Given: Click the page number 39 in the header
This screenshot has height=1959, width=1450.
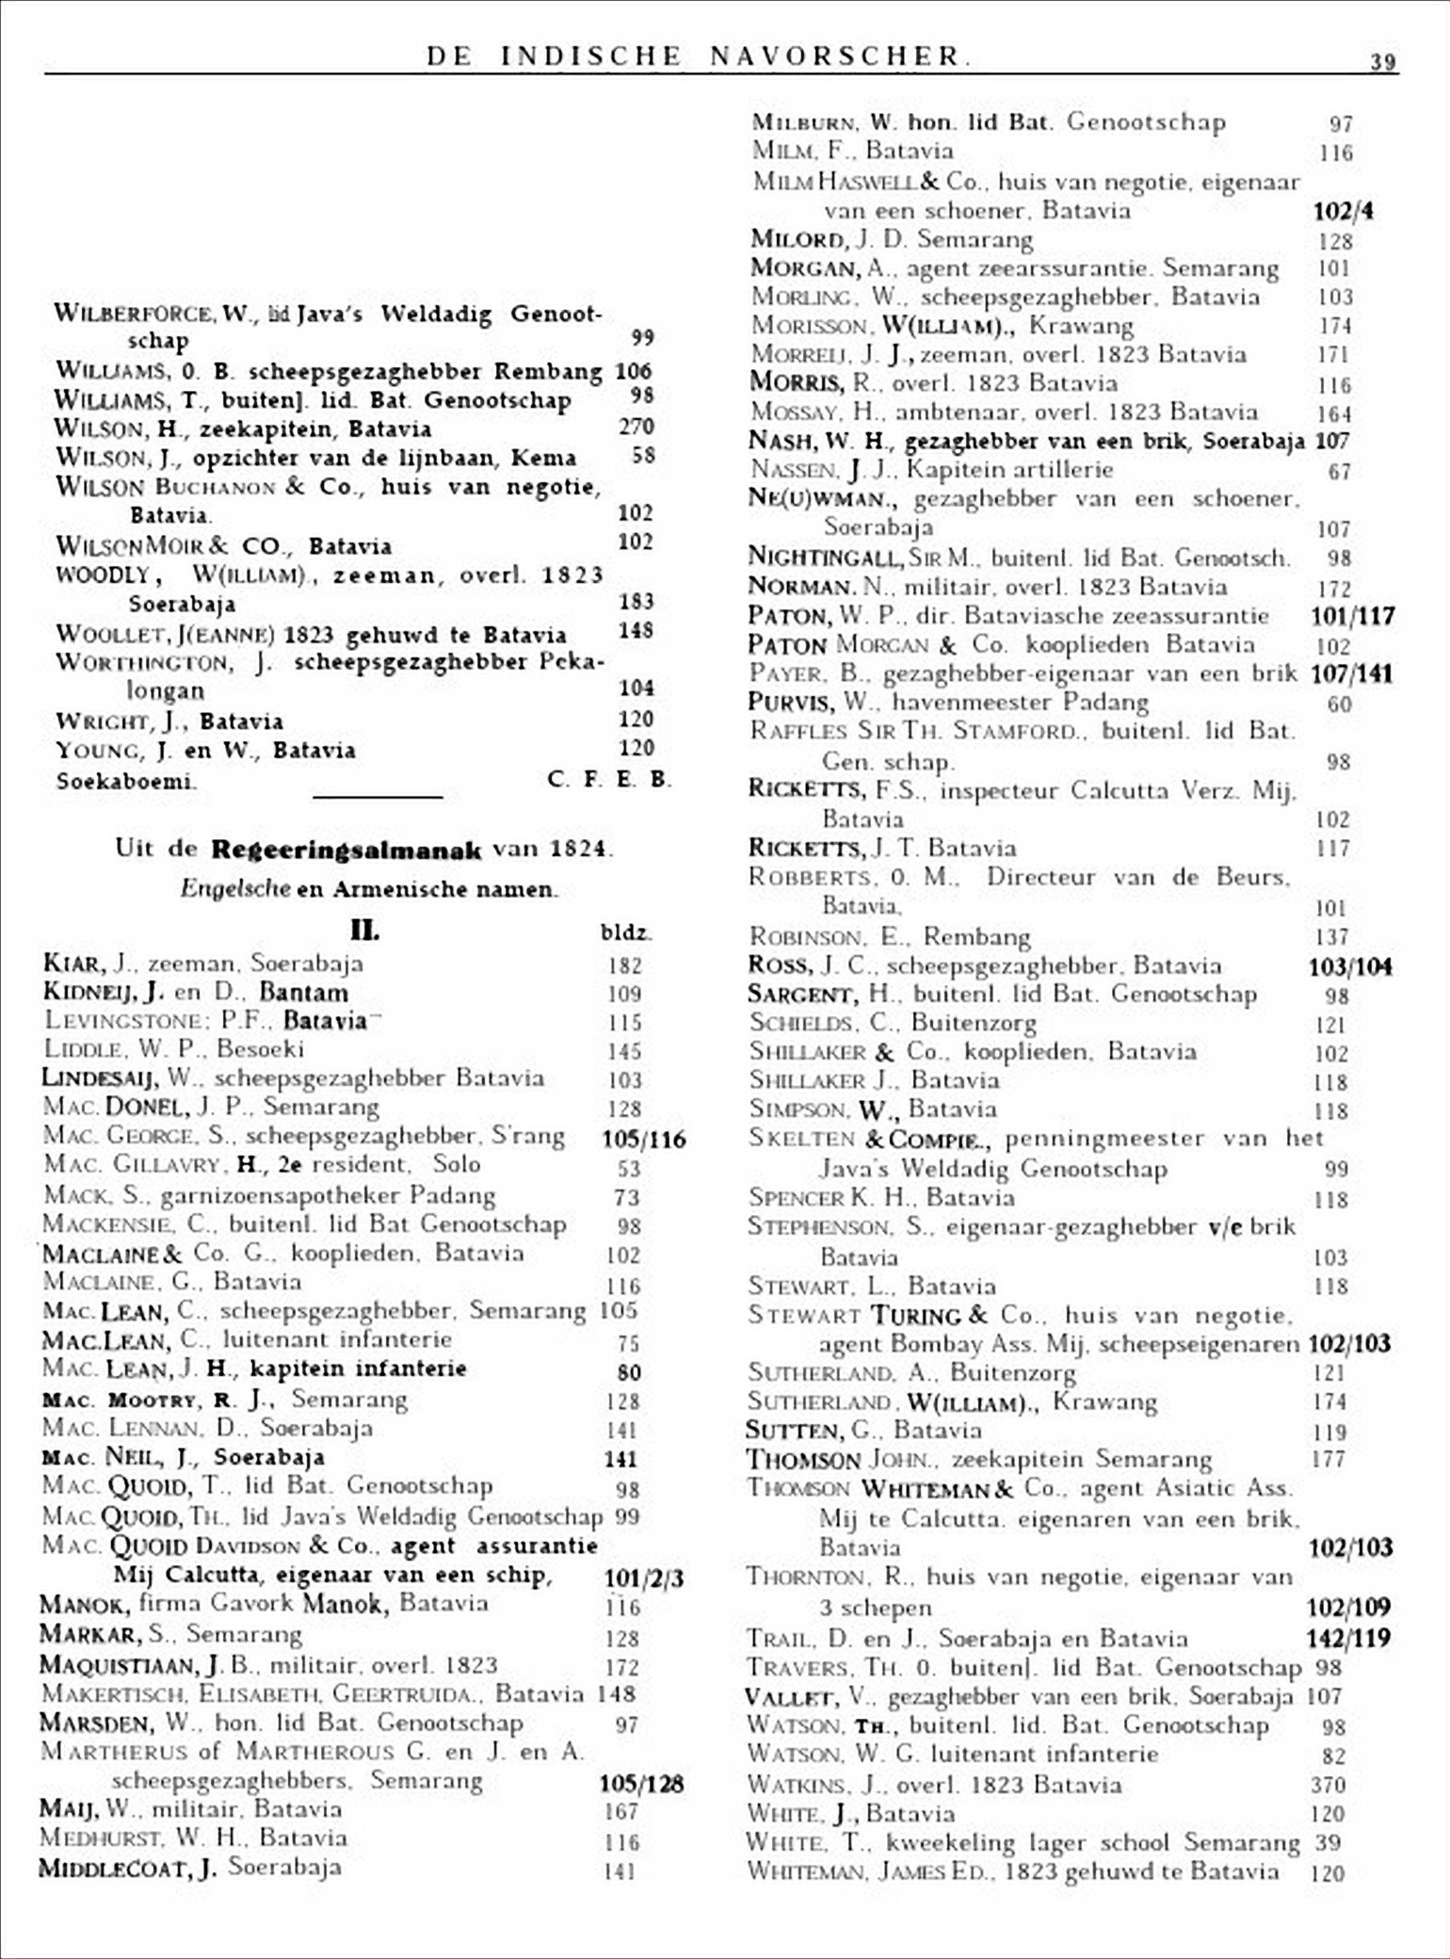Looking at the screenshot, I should (1382, 62).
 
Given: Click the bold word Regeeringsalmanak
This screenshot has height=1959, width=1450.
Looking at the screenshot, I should (346, 850).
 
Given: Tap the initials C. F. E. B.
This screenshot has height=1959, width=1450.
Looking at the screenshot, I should (608, 780).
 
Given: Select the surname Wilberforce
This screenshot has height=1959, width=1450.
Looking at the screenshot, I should (133, 314).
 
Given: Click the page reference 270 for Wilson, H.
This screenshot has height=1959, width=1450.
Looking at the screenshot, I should (636, 427).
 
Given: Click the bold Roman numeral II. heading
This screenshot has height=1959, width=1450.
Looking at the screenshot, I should (364, 931).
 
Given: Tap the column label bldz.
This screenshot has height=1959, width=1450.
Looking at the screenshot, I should (626, 933).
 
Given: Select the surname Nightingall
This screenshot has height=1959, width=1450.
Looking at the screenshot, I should (826, 558).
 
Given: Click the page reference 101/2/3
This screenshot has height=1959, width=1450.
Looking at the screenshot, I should (644, 1578).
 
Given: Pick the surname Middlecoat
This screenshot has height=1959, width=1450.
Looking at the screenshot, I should (117, 1869).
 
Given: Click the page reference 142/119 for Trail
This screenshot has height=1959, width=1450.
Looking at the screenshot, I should (1348, 1638).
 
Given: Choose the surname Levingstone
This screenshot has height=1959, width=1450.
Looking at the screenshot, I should (126, 1021).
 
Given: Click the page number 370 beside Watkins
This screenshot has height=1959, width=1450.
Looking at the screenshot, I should (1328, 1785).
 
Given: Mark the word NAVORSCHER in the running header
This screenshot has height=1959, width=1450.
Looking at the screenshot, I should (837, 57).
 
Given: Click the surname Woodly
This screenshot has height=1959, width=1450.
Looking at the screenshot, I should (103, 575).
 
